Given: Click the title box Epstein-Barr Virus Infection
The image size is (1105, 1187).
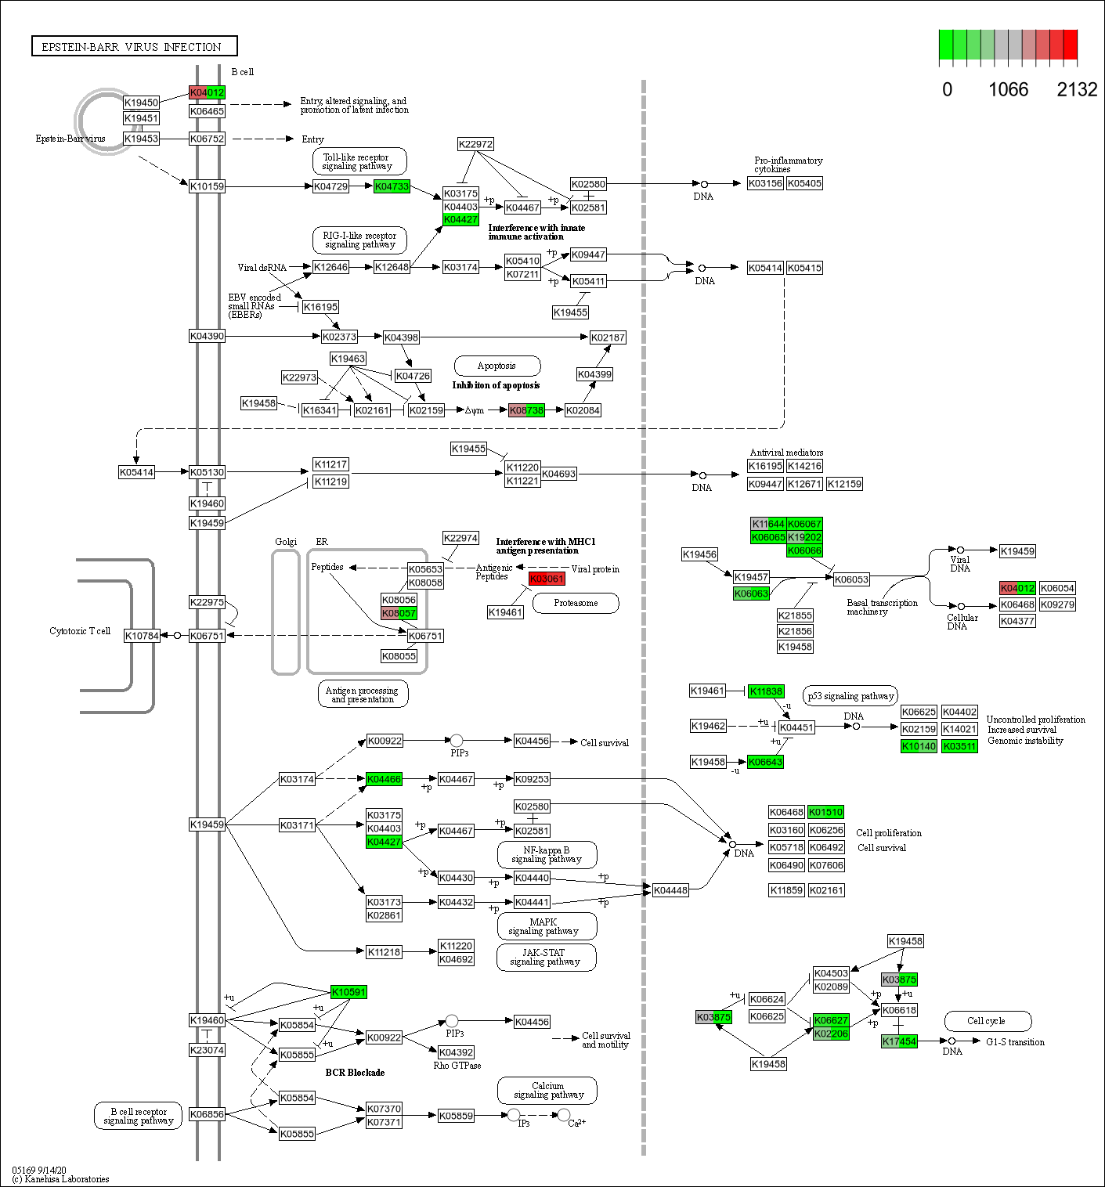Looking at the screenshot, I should (134, 46).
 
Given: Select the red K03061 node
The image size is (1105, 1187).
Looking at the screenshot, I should (547, 579).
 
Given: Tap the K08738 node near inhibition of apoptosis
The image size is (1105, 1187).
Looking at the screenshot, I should (526, 410).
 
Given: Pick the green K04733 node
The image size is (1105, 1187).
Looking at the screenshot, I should (392, 186).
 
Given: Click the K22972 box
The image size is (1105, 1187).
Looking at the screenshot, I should (475, 144).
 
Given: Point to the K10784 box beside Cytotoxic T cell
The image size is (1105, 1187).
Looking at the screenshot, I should (142, 636).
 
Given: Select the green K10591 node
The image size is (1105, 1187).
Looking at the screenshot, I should (348, 992).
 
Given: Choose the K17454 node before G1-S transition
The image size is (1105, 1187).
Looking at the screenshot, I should (899, 1041).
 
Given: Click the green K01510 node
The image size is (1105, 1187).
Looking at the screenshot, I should (826, 812).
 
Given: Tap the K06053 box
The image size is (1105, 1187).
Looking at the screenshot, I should (851, 579).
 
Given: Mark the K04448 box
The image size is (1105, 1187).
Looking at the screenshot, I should (670, 890).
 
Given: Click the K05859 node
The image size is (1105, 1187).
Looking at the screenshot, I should (456, 1116).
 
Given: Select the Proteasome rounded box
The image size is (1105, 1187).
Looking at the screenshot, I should (576, 603).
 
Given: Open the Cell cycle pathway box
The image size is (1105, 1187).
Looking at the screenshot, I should (987, 1021).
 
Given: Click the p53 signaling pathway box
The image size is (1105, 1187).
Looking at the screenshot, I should (850, 696).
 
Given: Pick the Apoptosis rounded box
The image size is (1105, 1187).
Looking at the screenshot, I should (497, 366).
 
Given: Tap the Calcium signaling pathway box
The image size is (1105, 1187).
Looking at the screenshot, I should (547, 1091).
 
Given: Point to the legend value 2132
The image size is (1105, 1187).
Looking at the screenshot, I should (1077, 90).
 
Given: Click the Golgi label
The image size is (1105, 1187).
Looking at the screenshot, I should (286, 542).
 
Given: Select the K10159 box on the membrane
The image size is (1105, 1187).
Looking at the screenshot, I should (207, 186).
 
